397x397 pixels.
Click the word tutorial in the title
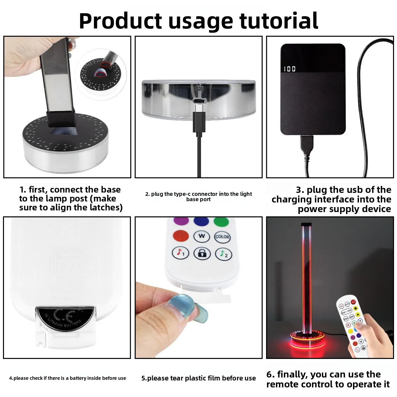279,21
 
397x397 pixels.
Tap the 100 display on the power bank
290,69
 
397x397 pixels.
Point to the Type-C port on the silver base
199,101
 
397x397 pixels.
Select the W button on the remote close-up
202,236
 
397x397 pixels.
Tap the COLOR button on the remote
222,237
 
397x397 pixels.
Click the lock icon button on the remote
202,253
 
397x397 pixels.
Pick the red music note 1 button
181,252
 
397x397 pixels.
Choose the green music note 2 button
224,254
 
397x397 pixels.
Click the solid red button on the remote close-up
181,236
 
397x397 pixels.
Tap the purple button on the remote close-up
181,221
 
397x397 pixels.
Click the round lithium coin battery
66,319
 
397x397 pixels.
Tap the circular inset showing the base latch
101,74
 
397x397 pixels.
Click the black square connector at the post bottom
61,119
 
